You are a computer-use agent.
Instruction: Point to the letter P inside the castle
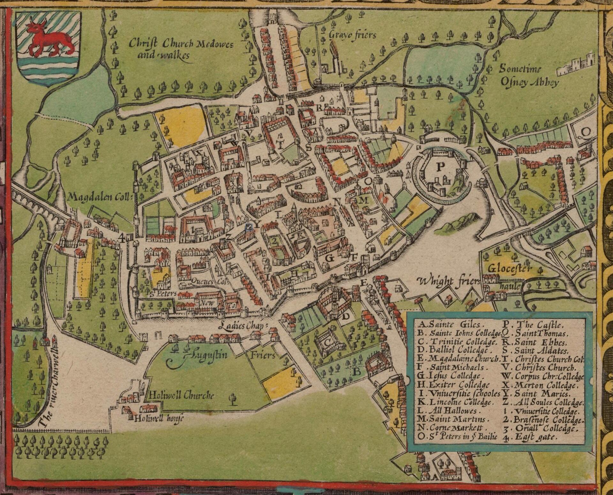pos(440,166)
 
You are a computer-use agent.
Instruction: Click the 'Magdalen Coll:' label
pos(100,198)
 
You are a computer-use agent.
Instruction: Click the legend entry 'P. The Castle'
pos(533,325)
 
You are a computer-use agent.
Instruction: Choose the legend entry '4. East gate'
pos(530,438)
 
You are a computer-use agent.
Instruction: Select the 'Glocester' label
pos(510,268)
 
